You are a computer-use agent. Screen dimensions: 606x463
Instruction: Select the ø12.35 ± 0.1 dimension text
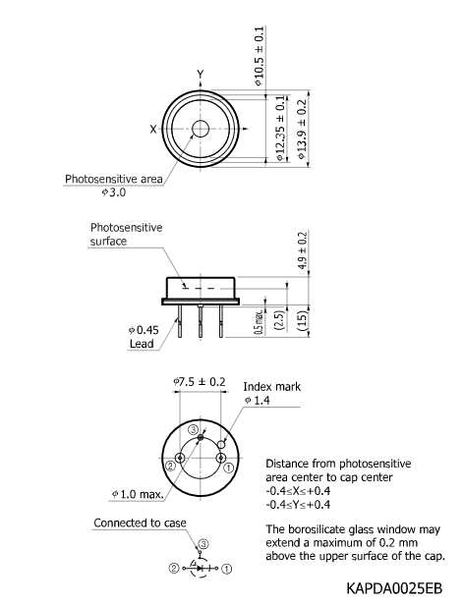(x=281, y=128)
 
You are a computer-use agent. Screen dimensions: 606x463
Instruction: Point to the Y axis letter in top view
(x=201, y=75)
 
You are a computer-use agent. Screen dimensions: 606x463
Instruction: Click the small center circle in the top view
(x=201, y=129)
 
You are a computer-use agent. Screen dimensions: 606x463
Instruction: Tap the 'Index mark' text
(x=272, y=387)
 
